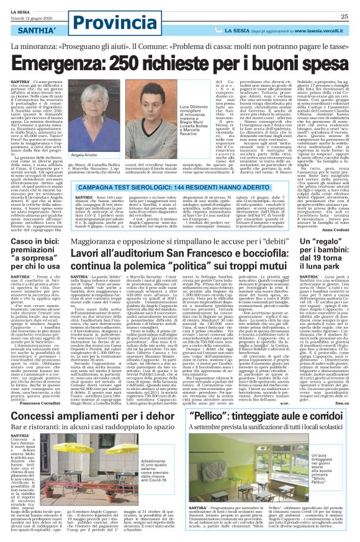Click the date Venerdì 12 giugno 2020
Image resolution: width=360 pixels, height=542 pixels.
[x=26, y=11]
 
